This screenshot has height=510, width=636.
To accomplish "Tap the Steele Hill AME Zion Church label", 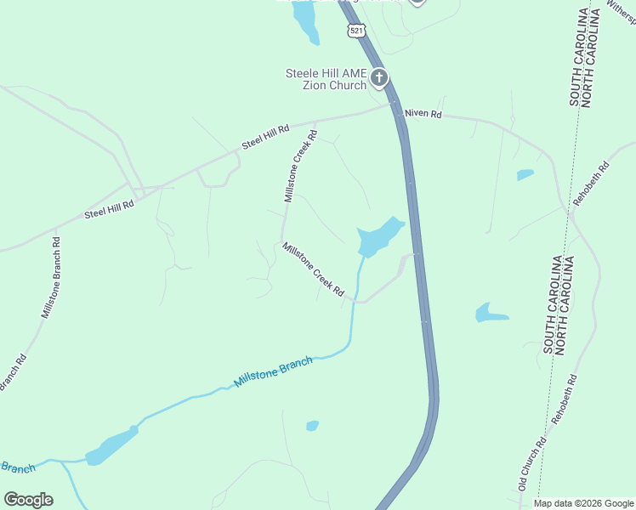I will point(326,79).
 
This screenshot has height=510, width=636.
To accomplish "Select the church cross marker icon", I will point(378,80).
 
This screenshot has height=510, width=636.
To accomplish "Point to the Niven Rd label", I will point(423,113).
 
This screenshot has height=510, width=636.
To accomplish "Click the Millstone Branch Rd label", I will point(50,276).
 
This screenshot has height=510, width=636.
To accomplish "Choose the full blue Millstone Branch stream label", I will point(273,372).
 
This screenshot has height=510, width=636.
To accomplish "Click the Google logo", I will point(28,500).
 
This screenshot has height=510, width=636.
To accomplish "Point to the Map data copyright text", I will point(583,503).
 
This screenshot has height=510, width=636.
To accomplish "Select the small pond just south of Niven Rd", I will point(525,175).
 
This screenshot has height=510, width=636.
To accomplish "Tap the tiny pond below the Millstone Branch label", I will point(312,425).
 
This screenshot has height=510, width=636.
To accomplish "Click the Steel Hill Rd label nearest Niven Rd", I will point(265,137).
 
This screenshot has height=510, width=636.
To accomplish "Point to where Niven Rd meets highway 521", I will point(397,109).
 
